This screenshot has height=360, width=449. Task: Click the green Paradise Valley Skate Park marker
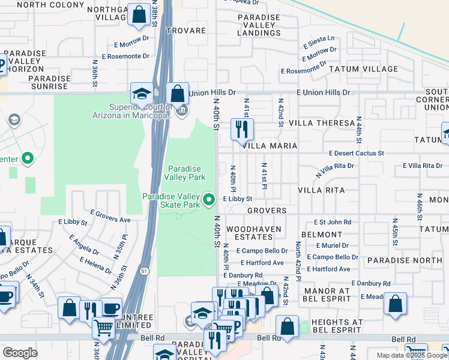click(209, 199)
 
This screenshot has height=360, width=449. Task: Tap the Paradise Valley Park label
click(186, 173)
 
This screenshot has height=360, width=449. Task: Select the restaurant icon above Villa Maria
click(243, 129)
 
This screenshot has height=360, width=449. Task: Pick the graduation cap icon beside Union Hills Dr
click(142, 94)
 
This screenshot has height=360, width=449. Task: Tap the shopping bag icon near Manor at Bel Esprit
click(396, 305)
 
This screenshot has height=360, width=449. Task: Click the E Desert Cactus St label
click(356, 154)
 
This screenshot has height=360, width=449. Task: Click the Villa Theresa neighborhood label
click(322, 123)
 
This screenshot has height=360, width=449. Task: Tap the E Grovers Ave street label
click(110, 216)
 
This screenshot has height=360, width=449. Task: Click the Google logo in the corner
click(20, 352)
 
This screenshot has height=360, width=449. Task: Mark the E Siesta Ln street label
click(319, 41)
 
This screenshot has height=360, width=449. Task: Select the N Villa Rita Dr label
click(335, 170)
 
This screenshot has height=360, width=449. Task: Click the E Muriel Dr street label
click(332, 245)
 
